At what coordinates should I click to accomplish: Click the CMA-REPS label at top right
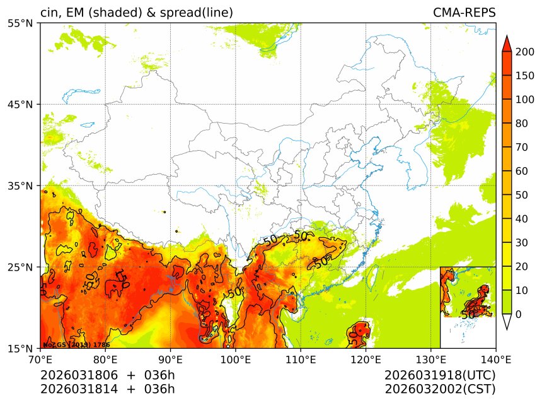click(x=464, y=13)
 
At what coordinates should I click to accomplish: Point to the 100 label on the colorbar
click(x=524, y=100)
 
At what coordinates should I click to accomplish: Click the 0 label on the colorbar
click(x=519, y=314)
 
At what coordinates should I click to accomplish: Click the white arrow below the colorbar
click(x=507, y=322)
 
